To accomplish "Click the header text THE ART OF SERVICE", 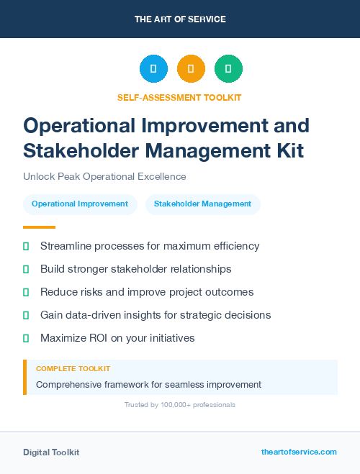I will click(x=180, y=19).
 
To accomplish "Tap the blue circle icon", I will click(x=153, y=69).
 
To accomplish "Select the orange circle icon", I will click(x=191, y=69).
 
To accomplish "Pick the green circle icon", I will click(x=228, y=69).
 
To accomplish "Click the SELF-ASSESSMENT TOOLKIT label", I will click(x=180, y=97).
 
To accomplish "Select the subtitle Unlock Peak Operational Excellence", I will click(x=104, y=176).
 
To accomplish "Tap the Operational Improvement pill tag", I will click(x=80, y=204).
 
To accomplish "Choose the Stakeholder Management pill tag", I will click(x=202, y=204).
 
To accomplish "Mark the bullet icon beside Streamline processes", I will click(x=26, y=246).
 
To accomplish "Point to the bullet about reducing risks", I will click(x=147, y=292).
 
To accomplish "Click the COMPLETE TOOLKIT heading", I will click(x=73, y=369).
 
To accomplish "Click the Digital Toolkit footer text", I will click(x=51, y=452).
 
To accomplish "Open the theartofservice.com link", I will click(x=299, y=452).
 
